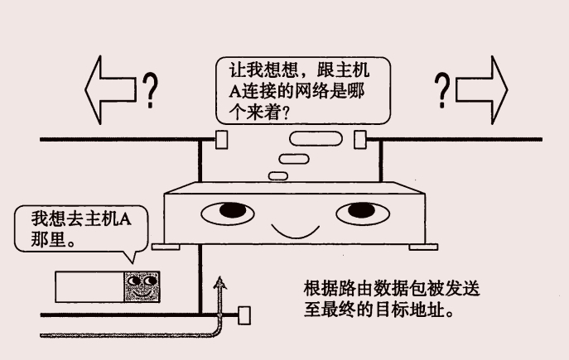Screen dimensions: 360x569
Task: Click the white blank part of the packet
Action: tap(89, 287)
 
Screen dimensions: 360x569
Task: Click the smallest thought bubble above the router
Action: tap(280, 174)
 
